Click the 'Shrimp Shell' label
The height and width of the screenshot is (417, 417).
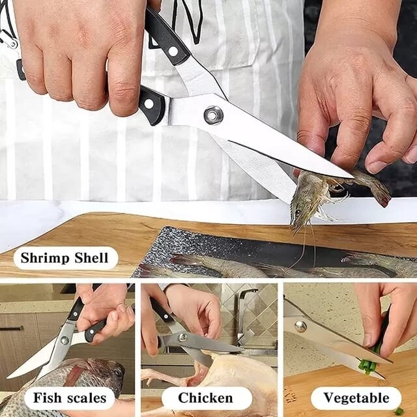pyautogui.click(x=65, y=257)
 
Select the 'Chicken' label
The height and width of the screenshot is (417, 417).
pyautogui.click(x=206, y=397)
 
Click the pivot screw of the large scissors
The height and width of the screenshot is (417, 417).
pyautogui.click(x=212, y=115)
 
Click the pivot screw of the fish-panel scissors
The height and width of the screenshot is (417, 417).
pyautogui.click(x=64, y=340)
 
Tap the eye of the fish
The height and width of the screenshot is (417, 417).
pyautogui.click(x=117, y=372)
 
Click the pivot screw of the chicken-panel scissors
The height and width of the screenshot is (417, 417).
pyautogui.click(x=183, y=337)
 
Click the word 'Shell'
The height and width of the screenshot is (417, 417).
pyautogui.click(x=91, y=257)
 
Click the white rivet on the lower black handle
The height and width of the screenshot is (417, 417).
pyautogui.click(x=149, y=103)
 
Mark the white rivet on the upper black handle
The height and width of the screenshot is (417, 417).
pyautogui.click(x=173, y=50)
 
